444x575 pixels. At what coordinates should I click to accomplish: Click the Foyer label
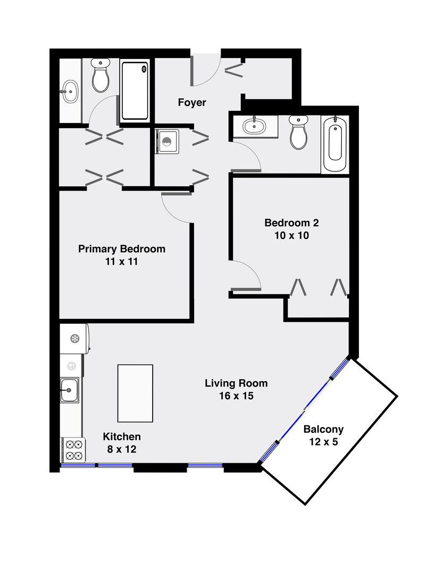[192, 102]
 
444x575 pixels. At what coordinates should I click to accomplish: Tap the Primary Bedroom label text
[122, 249]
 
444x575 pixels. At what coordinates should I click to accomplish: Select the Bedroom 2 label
[291, 223]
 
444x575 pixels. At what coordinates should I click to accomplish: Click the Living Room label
[236, 383]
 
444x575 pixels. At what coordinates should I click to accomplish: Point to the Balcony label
[323, 430]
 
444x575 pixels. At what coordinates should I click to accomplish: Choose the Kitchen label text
[122, 437]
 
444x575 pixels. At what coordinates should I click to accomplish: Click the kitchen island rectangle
[135, 393]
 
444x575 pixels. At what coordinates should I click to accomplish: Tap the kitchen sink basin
[69, 390]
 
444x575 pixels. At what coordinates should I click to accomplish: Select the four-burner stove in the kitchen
[73, 450]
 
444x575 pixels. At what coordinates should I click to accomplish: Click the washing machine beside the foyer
[166, 142]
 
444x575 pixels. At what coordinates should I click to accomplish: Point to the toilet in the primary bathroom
[100, 76]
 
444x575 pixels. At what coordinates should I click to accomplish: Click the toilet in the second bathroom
[298, 133]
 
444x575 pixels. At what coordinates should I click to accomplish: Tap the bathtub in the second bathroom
[335, 144]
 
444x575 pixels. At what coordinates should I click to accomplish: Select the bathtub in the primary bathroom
[135, 91]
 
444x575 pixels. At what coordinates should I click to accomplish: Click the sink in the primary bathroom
[70, 92]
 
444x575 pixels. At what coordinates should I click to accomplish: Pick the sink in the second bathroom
[255, 126]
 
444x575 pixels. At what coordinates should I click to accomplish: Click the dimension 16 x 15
[236, 396]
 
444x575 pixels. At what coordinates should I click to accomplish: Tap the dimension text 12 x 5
[323, 442]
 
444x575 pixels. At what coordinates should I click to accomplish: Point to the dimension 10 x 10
[291, 235]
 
